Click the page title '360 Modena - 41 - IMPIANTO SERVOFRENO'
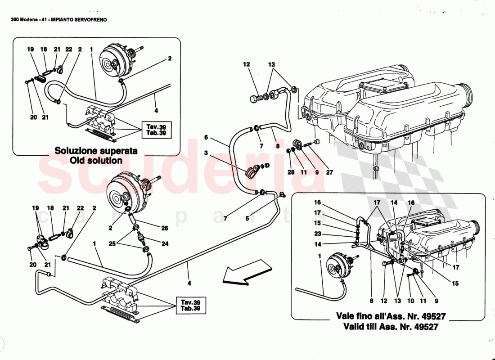pyautogui.click(x=58, y=20)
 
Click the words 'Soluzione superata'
pyautogui.click(x=96, y=151)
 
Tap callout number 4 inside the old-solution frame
pyautogui.click(x=156, y=110)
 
